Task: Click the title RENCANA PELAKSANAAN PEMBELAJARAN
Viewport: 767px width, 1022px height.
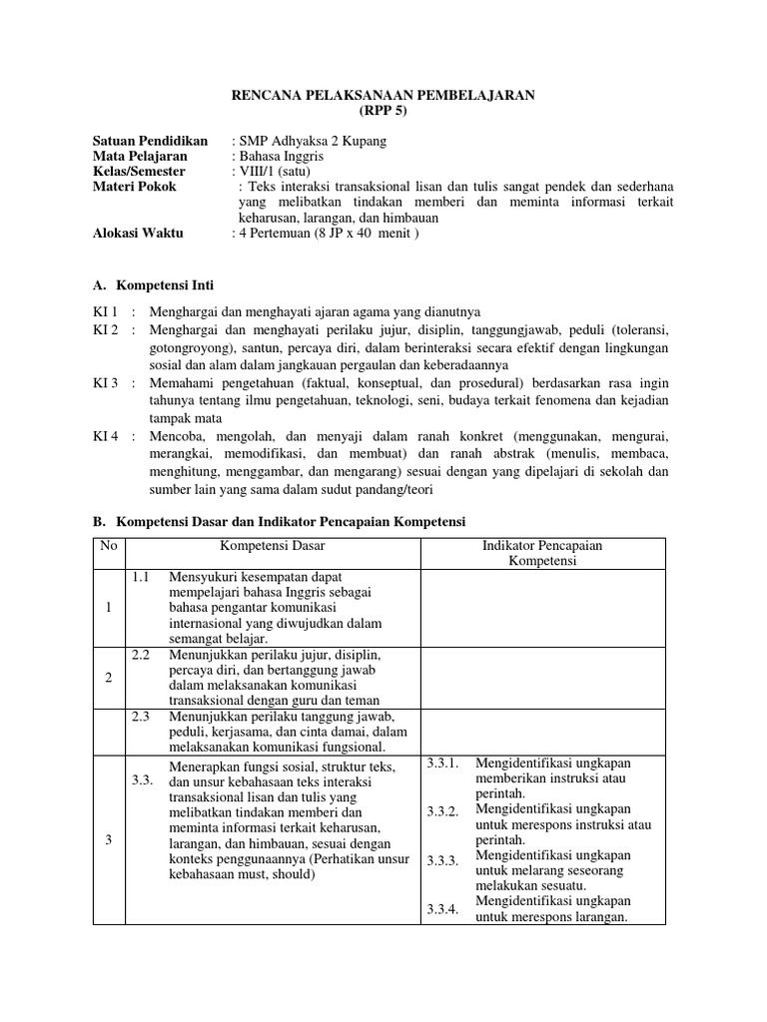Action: click(x=383, y=95)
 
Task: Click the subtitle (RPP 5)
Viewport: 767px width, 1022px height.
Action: click(x=383, y=111)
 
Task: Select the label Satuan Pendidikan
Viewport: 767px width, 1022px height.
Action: click(x=150, y=141)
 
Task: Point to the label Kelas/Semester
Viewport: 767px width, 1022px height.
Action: click(x=139, y=171)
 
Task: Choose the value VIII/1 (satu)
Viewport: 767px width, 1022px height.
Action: click(x=273, y=171)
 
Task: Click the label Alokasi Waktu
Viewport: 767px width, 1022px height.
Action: click(x=138, y=233)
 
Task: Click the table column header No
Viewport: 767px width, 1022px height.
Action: click(x=108, y=546)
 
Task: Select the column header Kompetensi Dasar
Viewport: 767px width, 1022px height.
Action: click(x=272, y=546)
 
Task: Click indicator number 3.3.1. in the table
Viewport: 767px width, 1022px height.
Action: click(x=442, y=764)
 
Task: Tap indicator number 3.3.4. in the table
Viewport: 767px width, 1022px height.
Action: click(x=442, y=909)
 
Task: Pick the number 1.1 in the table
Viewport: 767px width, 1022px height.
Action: click(x=140, y=577)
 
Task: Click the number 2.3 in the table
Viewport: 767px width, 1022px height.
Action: click(x=140, y=717)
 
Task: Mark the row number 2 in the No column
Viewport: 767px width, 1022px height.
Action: click(x=108, y=678)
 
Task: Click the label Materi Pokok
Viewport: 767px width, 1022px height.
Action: click(x=134, y=186)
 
